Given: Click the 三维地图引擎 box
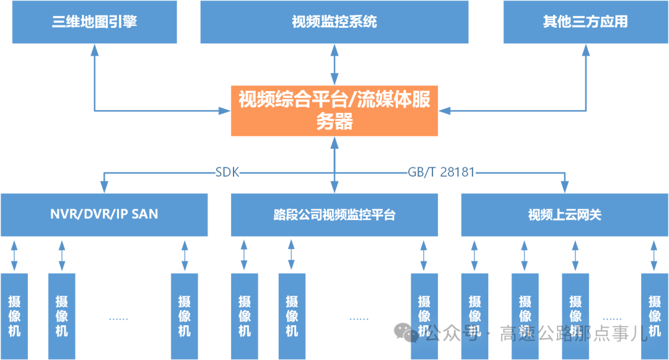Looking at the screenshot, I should click(x=94, y=22).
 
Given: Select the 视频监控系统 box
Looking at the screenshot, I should click(x=334, y=22).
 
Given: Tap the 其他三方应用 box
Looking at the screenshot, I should click(x=585, y=22).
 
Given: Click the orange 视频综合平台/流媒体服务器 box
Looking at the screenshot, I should click(x=334, y=111).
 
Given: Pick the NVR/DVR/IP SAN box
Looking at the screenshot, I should click(x=104, y=215).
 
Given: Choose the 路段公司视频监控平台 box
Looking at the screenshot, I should click(x=334, y=215).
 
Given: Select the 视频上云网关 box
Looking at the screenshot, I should click(x=564, y=215).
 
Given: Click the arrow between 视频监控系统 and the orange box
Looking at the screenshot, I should click(x=334, y=64).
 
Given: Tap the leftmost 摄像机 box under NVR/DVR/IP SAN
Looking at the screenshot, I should click(x=14, y=316).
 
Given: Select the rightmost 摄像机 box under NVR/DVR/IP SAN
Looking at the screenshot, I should click(x=185, y=316).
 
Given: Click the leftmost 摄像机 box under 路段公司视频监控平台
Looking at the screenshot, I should click(x=244, y=316).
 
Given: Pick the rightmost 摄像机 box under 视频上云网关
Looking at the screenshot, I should click(x=655, y=316).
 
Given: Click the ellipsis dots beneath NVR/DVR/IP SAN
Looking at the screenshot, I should click(x=118, y=318).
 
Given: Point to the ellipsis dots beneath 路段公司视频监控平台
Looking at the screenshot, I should click(x=359, y=318).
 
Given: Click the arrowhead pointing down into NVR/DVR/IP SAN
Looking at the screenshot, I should click(x=104, y=187).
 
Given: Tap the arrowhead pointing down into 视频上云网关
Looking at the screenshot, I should click(x=564, y=187).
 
